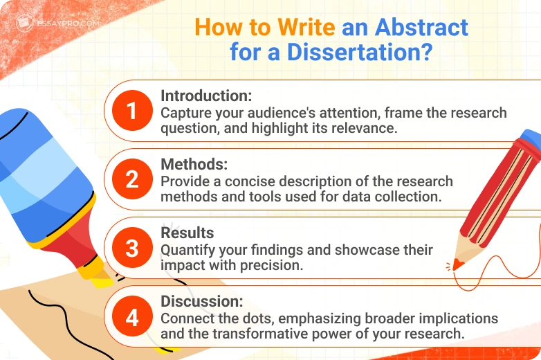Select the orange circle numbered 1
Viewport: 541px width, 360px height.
[131, 111]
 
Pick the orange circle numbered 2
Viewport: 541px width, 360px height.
[131, 180]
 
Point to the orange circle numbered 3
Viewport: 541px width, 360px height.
[131, 249]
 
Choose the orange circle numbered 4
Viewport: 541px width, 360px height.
[131, 316]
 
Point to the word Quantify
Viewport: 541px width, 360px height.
[185, 249]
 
